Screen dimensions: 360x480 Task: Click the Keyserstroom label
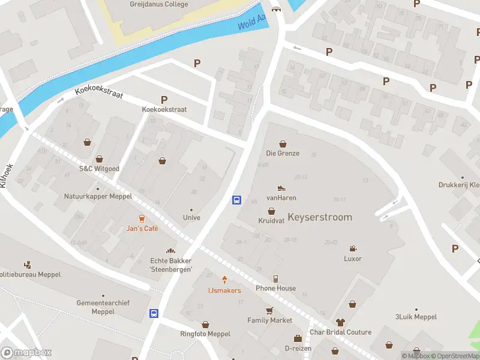(x=320, y=217)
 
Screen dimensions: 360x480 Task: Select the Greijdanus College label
(x=158, y=4)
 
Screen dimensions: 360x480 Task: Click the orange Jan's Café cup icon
(x=142, y=218)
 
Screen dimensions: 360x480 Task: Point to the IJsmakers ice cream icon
(x=225, y=280)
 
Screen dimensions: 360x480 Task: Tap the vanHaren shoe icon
(x=281, y=188)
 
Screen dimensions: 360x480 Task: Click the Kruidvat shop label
(x=271, y=220)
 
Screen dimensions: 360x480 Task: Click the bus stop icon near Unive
(x=237, y=200)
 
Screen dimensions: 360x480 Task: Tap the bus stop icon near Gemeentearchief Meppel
(x=154, y=313)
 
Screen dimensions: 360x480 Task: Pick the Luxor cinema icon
(x=353, y=248)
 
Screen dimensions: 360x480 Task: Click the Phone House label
(x=275, y=288)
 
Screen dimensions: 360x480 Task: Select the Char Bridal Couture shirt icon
(x=340, y=322)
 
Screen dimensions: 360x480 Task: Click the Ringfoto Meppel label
(x=205, y=334)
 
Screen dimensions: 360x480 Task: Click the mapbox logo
(x=26, y=353)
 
